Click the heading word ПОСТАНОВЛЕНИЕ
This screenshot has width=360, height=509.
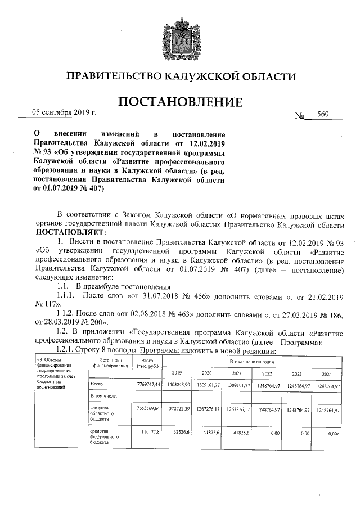coord(180,102)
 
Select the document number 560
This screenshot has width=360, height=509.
coord(323,114)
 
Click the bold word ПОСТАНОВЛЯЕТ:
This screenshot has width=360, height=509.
coord(71,232)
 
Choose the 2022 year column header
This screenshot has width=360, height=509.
coord(266,373)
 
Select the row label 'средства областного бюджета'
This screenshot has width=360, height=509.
coord(104,413)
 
